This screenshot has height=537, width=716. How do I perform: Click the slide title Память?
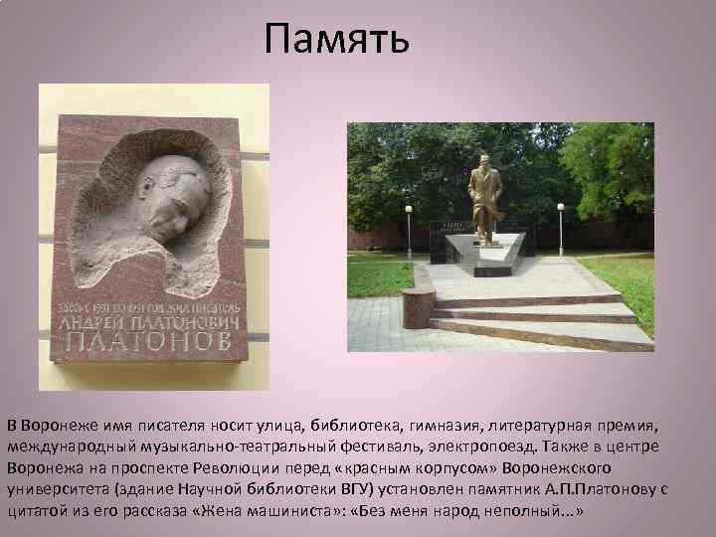(337, 40)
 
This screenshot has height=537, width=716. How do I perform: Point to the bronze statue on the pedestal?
(485, 199)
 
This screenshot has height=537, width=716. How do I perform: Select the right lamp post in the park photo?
(561, 225)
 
